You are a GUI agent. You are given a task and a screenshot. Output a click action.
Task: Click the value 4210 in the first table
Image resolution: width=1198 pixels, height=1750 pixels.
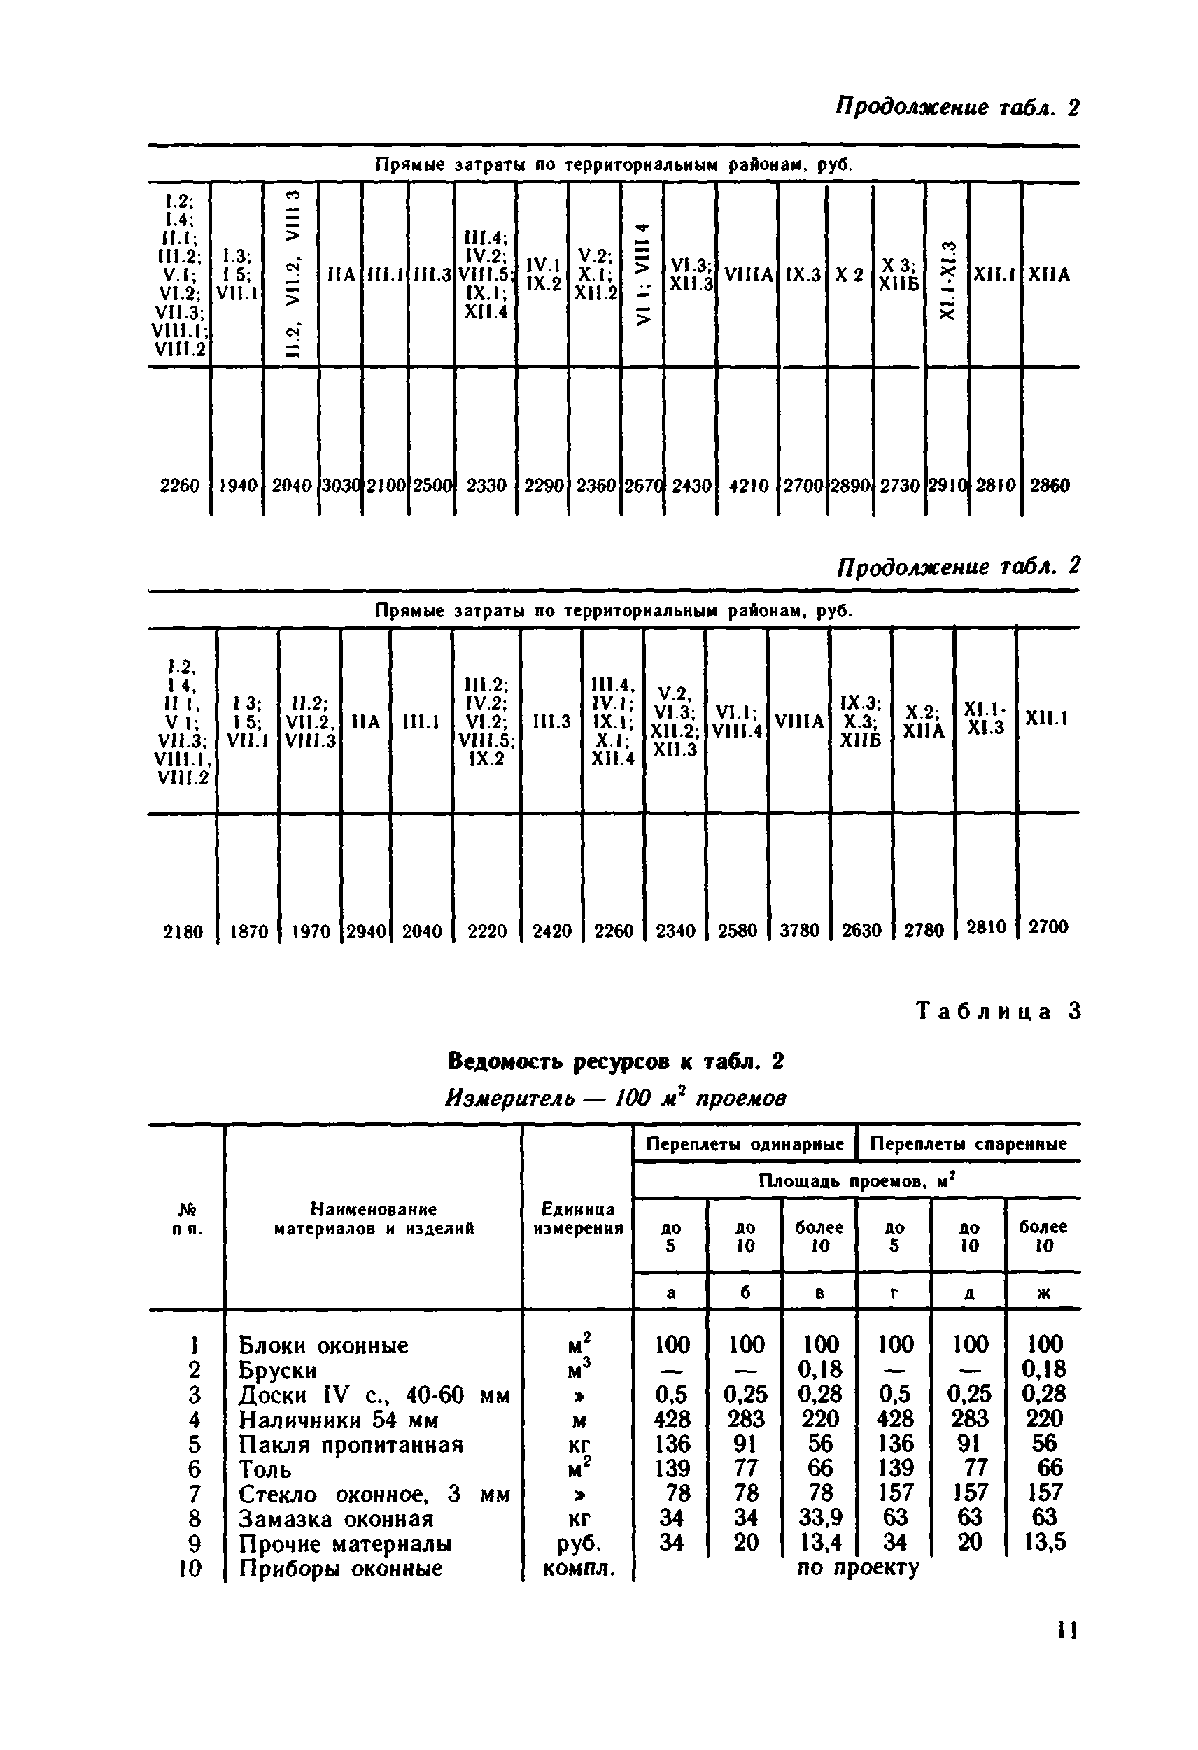(749, 486)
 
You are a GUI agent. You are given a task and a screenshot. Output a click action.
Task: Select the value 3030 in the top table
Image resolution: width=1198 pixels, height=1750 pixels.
(340, 486)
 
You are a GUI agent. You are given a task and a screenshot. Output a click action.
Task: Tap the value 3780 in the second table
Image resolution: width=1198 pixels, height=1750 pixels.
(799, 931)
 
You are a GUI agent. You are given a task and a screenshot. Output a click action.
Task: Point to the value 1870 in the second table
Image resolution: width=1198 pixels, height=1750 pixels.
(248, 931)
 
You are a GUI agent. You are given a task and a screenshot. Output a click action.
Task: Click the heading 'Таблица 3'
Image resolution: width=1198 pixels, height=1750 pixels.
(998, 1011)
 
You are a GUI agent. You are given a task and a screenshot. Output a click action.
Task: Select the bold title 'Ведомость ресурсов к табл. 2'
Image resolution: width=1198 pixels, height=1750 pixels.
(615, 1061)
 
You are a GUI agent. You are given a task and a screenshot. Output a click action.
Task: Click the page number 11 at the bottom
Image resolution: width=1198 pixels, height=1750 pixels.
(1067, 1630)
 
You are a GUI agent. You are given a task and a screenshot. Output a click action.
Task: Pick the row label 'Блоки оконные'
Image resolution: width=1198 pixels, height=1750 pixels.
(323, 1346)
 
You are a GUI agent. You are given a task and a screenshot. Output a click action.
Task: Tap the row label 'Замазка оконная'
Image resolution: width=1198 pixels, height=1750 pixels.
(336, 1519)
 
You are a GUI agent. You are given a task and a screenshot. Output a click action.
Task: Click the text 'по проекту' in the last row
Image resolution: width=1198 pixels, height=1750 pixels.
(858, 1569)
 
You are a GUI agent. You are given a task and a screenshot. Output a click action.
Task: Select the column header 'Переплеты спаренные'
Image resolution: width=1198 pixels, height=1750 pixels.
(968, 1145)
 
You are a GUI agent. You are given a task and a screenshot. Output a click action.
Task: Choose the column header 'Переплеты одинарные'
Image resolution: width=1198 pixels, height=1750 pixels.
(745, 1145)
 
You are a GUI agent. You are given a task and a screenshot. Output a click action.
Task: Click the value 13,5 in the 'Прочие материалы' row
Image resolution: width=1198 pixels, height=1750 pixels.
(1043, 1542)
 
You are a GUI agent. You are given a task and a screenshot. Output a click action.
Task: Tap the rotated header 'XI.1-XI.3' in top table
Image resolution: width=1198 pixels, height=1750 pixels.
(948, 279)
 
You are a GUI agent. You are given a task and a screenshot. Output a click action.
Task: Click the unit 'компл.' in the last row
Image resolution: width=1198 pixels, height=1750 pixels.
(577, 1569)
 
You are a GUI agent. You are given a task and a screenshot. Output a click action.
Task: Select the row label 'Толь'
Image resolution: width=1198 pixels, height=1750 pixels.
(265, 1469)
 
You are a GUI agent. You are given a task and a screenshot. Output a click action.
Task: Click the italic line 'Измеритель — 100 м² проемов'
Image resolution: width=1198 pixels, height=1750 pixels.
(615, 1099)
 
